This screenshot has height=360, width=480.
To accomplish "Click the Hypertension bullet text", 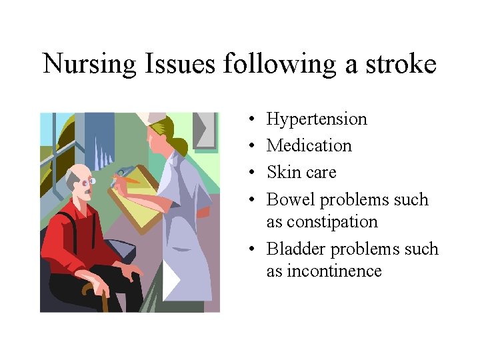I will tap(317, 119).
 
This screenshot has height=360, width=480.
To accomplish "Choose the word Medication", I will tap(309, 146).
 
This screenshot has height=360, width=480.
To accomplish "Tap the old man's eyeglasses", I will tap(91, 181).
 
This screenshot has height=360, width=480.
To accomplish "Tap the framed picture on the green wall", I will tap(206, 130).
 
